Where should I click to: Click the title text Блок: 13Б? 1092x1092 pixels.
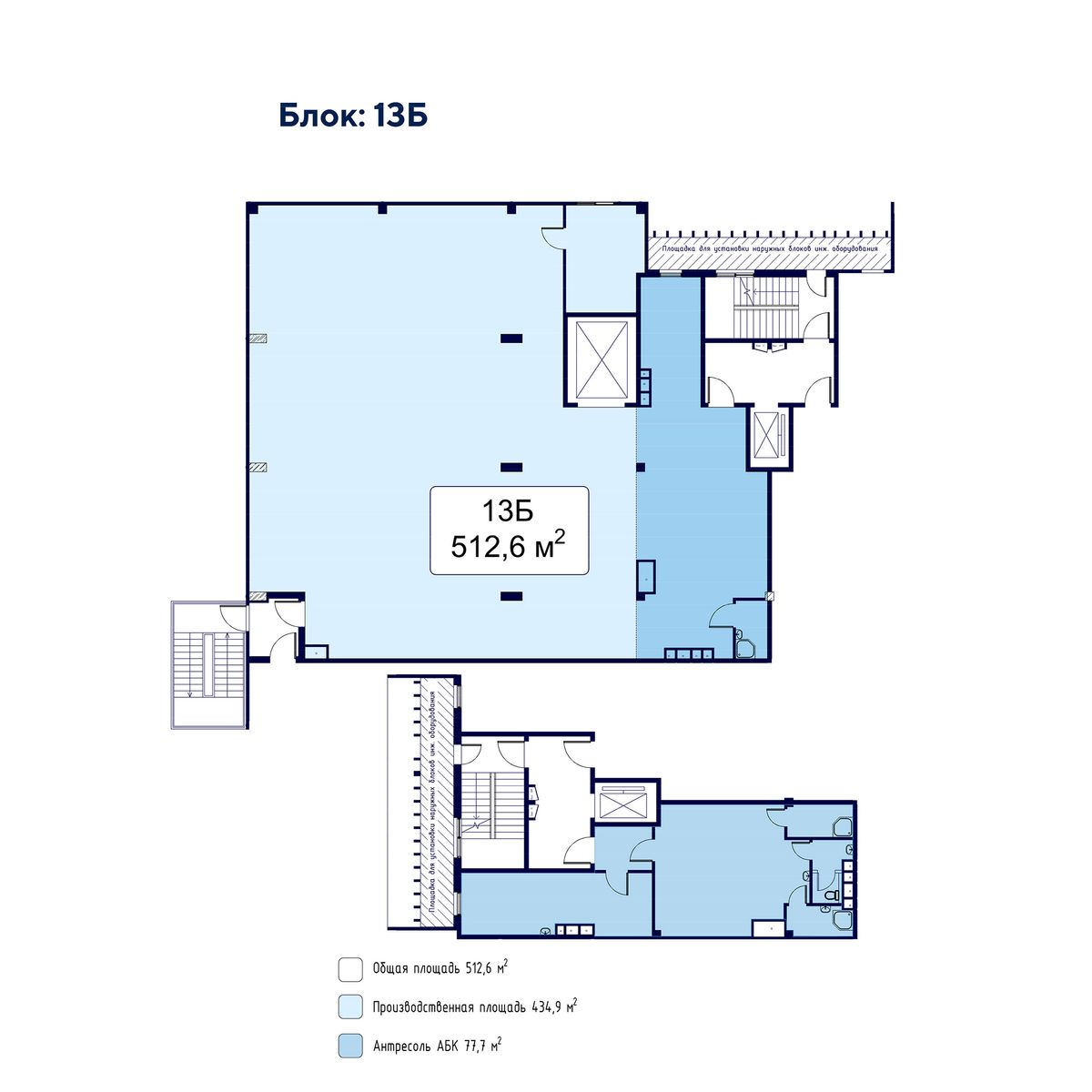click(x=353, y=116)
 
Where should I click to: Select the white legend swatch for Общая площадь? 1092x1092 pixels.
click(x=350, y=969)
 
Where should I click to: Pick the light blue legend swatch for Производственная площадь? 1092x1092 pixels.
click(x=350, y=1007)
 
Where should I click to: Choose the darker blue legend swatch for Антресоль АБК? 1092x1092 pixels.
click(x=350, y=1046)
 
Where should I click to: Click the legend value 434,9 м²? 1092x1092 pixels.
click(x=555, y=1006)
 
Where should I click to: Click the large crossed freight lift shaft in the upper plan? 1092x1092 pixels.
click(x=602, y=360)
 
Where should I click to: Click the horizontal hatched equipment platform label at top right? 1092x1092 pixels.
click(x=771, y=248)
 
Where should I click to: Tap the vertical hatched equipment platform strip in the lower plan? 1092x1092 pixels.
click(x=437, y=801)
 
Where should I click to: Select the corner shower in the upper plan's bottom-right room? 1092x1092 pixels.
click(x=744, y=649)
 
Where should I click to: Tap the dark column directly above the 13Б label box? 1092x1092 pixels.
click(x=511, y=468)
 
